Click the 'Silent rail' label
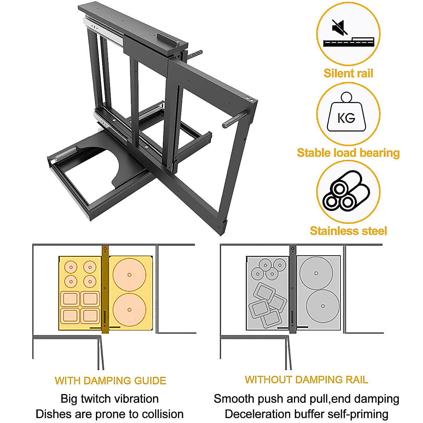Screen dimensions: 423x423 (348, 73)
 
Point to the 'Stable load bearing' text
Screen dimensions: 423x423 (348, 153)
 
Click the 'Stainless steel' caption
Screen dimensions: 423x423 (348, 231)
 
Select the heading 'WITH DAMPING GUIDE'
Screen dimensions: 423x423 (110, 381)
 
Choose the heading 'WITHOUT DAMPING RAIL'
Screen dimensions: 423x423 (306, 380)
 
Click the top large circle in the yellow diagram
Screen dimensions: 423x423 (129, 275)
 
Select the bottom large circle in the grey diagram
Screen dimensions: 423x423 (323, 306)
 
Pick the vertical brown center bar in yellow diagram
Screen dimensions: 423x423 (105, 289)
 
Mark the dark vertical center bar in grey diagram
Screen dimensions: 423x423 (293, 289)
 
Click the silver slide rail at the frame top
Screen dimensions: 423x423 (104, 30)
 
